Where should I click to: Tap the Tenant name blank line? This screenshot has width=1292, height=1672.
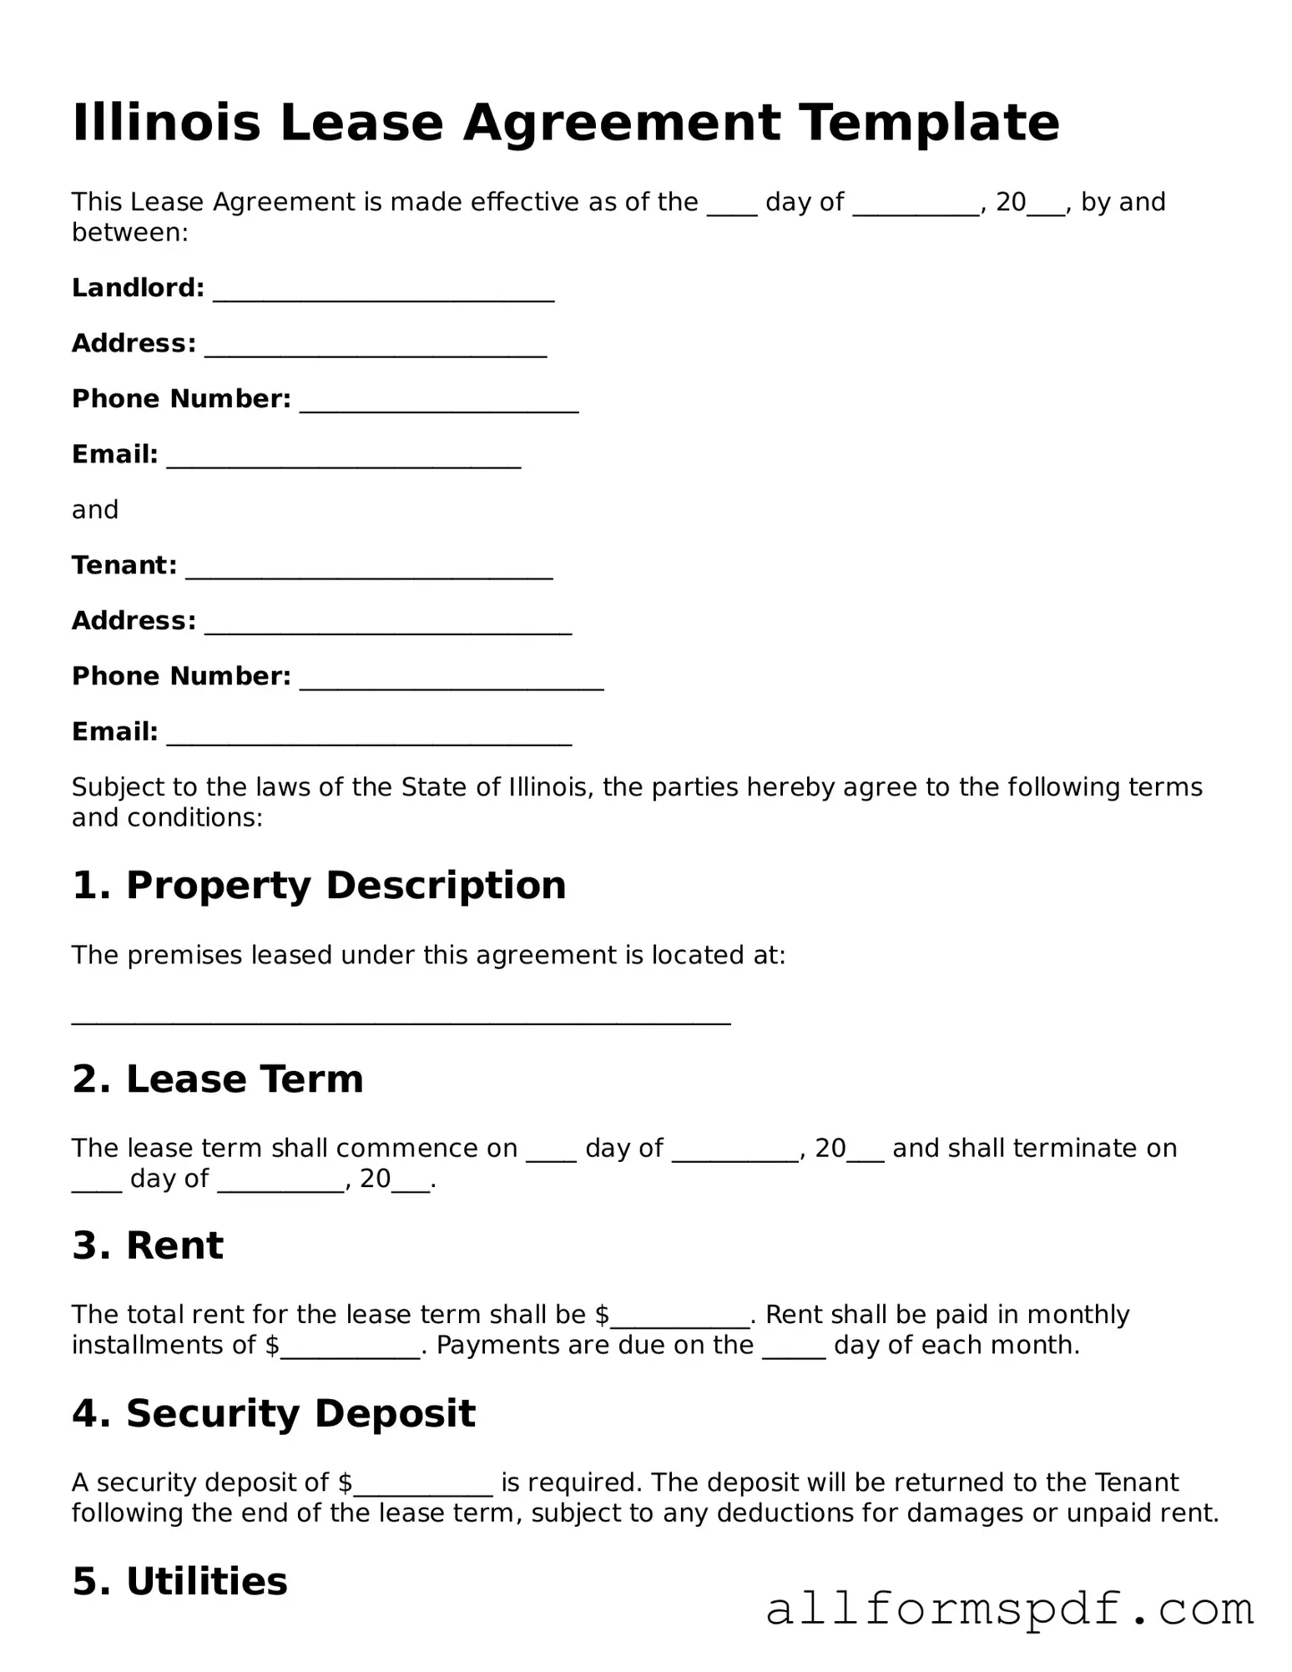coord(369,572)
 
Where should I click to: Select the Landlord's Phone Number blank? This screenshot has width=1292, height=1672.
coord(439,405)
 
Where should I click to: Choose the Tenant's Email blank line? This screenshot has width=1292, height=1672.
coord(369,738)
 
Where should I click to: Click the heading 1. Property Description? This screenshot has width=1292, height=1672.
coord(319,885)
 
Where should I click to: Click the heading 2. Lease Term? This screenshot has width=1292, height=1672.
coord(218,1078)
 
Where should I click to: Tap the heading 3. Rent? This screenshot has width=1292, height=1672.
coord(148,1245)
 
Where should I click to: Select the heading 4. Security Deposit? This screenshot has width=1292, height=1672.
coord(274,1413)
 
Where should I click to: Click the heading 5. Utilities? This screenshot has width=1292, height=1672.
coord(179,1581)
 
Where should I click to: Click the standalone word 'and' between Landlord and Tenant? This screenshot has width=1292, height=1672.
coord(95,510)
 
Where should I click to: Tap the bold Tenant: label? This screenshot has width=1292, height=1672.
coord(124,565)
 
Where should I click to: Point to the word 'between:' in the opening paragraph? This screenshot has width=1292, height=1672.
coord(130,232)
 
